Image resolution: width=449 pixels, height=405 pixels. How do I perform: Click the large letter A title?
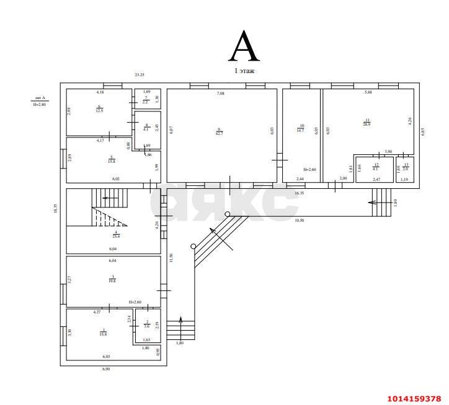tap(244, 45)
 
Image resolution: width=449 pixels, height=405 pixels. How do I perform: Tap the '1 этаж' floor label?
tap(244, 71)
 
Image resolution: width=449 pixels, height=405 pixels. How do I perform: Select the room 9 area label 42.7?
tap(219, 131)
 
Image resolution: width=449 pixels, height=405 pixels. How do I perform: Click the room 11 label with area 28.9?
tap(367, 122)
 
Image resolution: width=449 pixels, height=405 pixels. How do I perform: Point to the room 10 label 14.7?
tap(300, 128)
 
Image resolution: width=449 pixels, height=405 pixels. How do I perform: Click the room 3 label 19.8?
tap(112, 279)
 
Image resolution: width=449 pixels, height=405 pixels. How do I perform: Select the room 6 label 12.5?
tap(99, 108)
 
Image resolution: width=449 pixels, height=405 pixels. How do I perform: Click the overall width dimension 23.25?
tap(140, 75)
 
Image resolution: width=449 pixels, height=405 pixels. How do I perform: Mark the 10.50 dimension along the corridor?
tap(299, 220)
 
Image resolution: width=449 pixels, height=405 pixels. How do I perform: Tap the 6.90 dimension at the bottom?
tap(107, 369)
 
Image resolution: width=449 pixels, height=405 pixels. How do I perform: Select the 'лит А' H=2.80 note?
tap(40, 102)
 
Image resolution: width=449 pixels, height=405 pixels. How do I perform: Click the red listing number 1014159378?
tap(414, 398)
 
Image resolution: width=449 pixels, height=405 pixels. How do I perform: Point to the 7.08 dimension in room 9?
tap(220, 94)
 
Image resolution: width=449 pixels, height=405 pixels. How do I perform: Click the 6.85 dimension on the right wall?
tap(423, 132)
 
